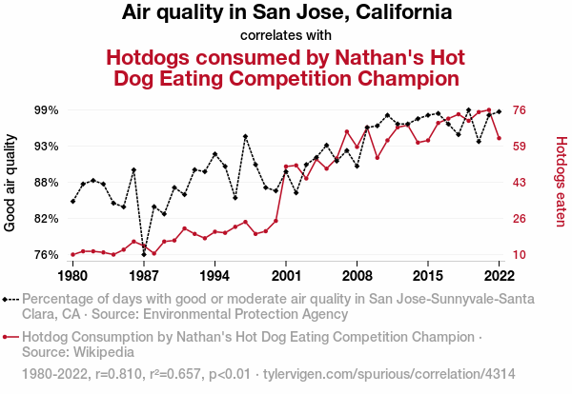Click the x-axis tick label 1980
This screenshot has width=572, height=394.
pos(72,275)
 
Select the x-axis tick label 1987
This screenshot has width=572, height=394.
pos(144,275)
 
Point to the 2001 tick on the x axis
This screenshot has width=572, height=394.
pos(286,275)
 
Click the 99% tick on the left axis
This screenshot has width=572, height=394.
pos(46,110)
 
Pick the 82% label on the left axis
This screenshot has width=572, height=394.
pos(46,219)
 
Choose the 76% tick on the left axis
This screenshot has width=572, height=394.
pos(46,255)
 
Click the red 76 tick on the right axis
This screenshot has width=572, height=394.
pos(521,110)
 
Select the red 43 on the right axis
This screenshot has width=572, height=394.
pos(521,183)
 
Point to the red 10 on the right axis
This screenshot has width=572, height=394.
pos(521,255)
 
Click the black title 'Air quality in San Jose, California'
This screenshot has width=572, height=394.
pos(286,13)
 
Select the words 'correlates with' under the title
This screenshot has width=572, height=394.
pos(286,36)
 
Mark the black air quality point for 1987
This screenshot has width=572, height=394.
pos(144,254)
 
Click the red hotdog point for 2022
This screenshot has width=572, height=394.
pos(500,138)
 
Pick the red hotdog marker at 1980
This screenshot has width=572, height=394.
pos(72,254)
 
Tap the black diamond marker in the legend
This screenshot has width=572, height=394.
pos(10,298)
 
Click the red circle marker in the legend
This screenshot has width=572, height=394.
pos(10,337)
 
